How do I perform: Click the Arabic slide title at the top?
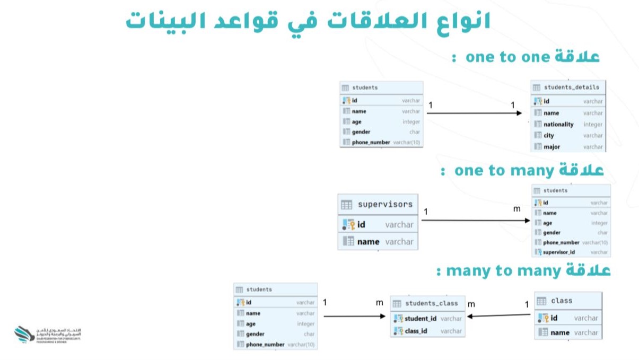click(x=308, y=21)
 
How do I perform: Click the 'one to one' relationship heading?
click(x=525, y=57)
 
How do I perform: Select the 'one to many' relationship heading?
click(x=522, y=171)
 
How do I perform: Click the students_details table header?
click(x=568, y=87)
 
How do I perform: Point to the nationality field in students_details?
click(x=558, y=124)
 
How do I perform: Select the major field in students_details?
click(x=552, y=147)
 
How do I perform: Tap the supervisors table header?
click(x=378, y=204)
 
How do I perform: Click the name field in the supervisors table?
click(x=368, y=242)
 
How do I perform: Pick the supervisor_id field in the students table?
click(x=559, y=252)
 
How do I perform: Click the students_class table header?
click(x=427, y=303)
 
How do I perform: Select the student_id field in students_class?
click(x=421, y=319)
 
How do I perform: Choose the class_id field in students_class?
click(x=416, y=331)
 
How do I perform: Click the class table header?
click(x=568, y=301)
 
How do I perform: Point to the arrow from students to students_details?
click(x=477, y=113)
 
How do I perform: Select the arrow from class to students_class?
click(x=498, y=316)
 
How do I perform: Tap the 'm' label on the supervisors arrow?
click(x=517, y=209)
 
